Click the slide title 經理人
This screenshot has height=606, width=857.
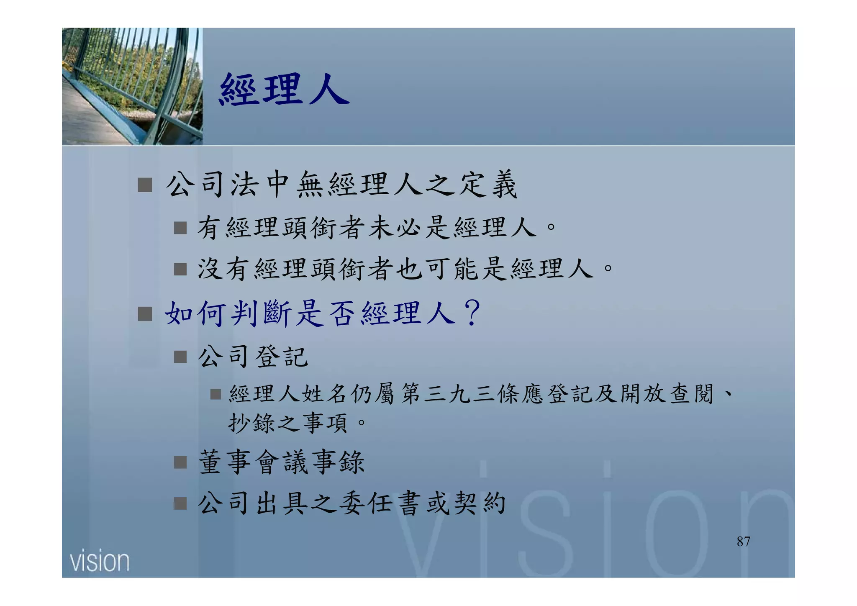coord(284,89)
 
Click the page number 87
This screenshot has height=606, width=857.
coord(743,542)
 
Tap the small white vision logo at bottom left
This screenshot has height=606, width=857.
coord(100,561)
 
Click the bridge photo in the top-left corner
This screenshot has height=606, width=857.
coord(132,87)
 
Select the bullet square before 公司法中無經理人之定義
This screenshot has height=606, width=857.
coord(145,185)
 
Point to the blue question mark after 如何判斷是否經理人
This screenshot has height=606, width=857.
coord(473,313)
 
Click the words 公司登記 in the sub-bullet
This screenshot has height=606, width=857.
coord(253,357)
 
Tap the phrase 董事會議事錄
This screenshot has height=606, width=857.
coord(282,462)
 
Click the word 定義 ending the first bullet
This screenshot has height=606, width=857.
coord(488,185)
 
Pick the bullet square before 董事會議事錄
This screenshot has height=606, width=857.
coord(180,462)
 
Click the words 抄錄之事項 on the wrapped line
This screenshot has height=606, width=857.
coord(287,423)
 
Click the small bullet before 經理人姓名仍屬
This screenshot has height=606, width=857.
coord(216,394)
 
